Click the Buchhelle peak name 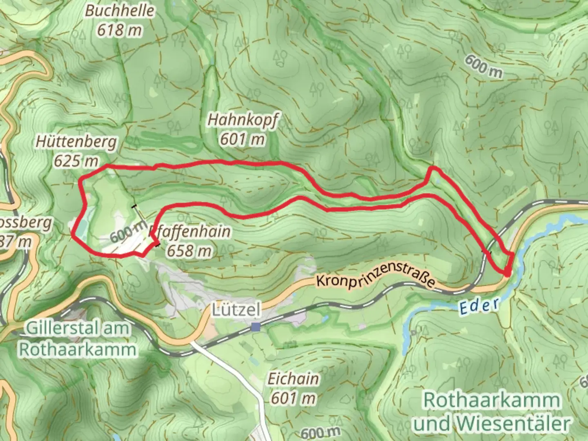click(120, 11)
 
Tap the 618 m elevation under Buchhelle click(120, 30)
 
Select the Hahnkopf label click(243, 120)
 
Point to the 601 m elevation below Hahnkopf click(243, 139)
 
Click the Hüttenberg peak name click(76, 142)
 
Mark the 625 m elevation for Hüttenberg click(76, 161)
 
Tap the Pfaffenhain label click(190, 232)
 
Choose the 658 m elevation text click(189, 250)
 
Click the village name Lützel click(236, 310)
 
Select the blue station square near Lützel click(256, 327)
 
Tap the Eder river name click(479, 306)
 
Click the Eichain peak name click(293, 379)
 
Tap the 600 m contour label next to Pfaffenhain click(128, 232)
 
